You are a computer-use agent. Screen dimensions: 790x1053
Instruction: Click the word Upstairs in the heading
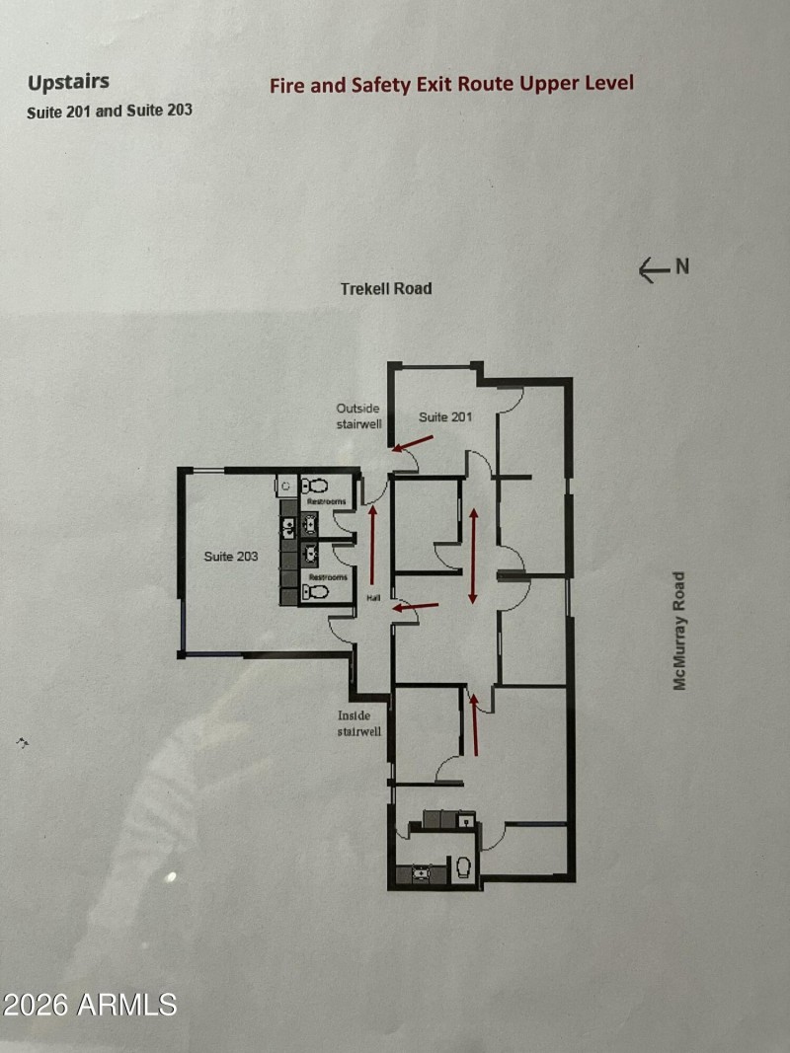pyautogui.click(x=68, y=83)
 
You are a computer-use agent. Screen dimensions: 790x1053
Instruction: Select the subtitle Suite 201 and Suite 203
pyautogui.click(x=110, y=111)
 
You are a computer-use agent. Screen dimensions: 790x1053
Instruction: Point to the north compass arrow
pyautogui.click(x=654, y=270)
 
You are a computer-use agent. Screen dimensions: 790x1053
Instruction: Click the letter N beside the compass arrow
pyautogui.click(x=681, y=266)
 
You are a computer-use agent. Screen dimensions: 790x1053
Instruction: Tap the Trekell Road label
pyautogui.click(x=385, y=289)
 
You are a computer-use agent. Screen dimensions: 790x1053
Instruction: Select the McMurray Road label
pyautogui.click(x=679, y=631)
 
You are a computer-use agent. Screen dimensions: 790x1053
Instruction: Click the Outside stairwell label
pyautogui.click(x=358, y=416)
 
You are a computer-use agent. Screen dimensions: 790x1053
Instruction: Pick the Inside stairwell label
pyautogui.click(x=358, y=723)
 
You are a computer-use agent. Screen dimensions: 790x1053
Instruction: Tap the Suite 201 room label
pyautogui.click(x=444, y=417)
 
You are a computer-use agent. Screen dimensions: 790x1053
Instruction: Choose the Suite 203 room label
pyautogui.click(x=230, y=556)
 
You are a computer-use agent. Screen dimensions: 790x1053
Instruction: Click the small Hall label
pyautogui.click(x=373, y=598)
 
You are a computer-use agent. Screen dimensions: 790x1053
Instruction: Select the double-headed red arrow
pyautogui.click(x=474, y=556)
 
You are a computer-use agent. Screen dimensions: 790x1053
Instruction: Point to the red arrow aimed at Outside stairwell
pyautogui.click(x=413, y=443)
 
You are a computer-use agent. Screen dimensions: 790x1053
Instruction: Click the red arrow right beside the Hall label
pyautogui.click(x=415, y=608)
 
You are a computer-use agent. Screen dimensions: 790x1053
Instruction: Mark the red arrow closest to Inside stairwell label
pyautogui.click(x=475, y=724)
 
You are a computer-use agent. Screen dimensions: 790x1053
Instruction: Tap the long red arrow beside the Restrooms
pyautogui.click(x=372, y=546)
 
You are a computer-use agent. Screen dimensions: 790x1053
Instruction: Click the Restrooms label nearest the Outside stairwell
pyautogui.click(x=327, y=501)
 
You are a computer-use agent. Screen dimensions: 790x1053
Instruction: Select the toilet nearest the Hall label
pyautogui.click(x=315, y=592)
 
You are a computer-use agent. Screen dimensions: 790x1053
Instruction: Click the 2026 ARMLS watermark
pyautogui.click(x=89, y=1005)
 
